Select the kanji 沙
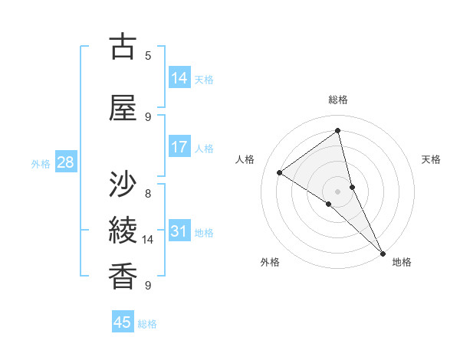click(x=123, y=184)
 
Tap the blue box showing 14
click(x=179, y=78)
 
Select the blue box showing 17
click(x=179, y=147)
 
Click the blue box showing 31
click(x=179, y=231)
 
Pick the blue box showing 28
click(x=65, y=162)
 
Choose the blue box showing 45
click(x=123, y=322)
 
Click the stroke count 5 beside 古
click(x=148, y=55)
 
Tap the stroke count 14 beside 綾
click(x=148, y=240)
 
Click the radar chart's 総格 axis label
click(x=338, y=100)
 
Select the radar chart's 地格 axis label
click(x=402, y=262)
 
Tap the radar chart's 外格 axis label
click(x=270, y=262)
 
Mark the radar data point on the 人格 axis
click(x=280, y=172)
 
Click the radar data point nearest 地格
click(x=383, y=252)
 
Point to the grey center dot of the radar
click(x=338, y=191)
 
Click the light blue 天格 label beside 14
click(x=204, y=80)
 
